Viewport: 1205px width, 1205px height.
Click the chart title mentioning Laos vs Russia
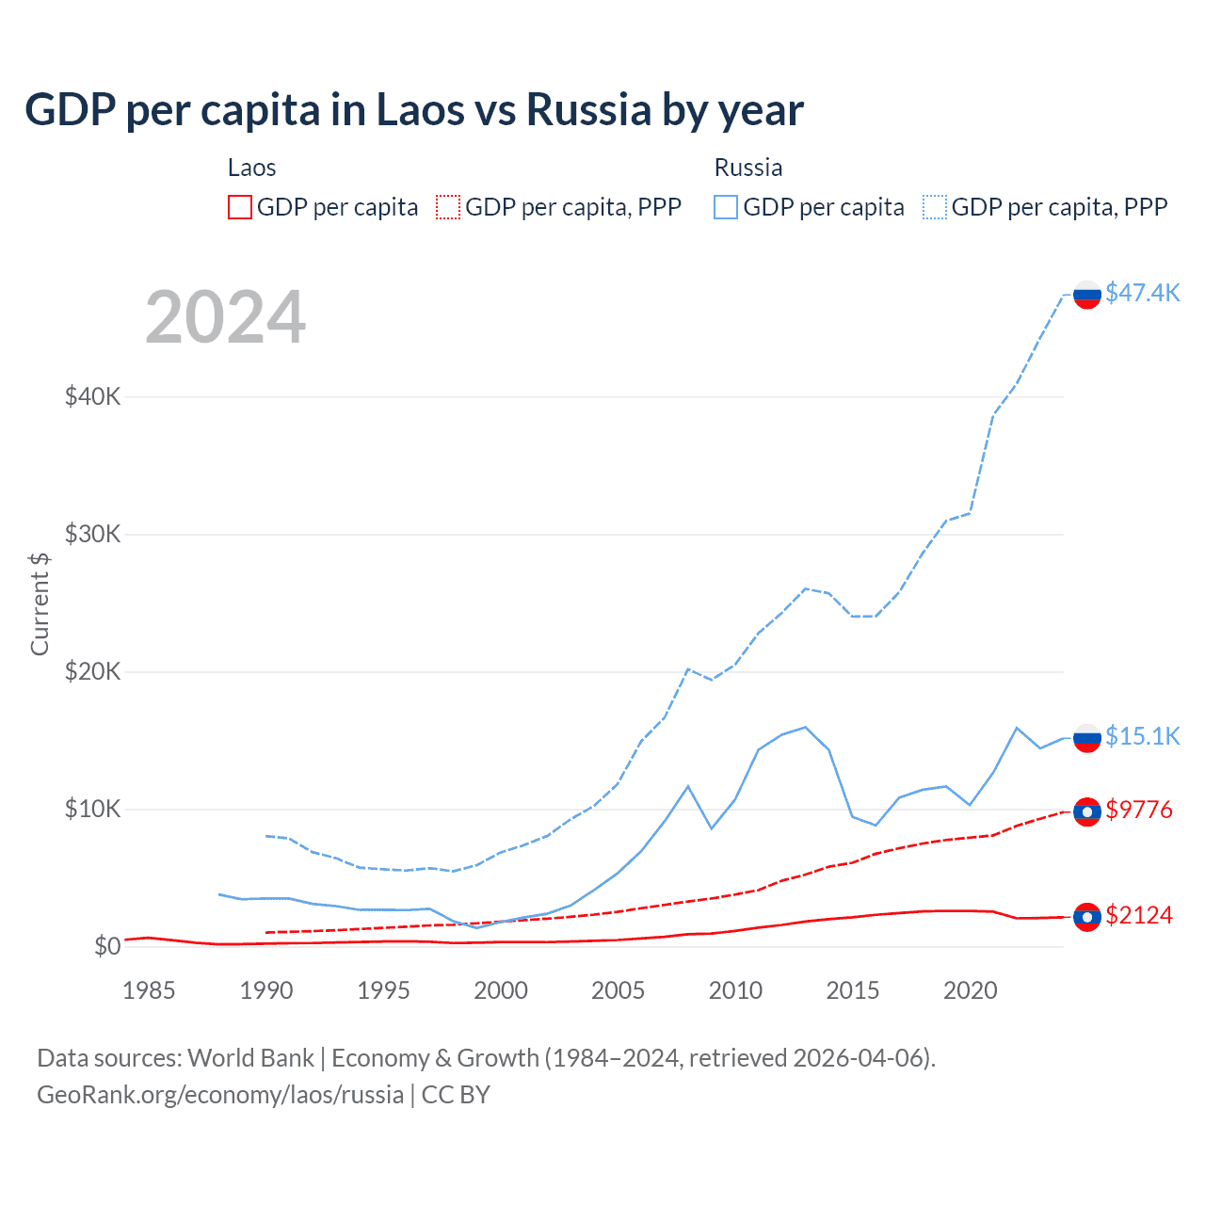tap(414, 110)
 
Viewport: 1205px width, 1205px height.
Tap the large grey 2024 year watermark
tap(226, 317)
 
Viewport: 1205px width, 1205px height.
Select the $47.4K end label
tap(1142, 293)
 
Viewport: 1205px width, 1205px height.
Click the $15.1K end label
tap(1142, 736)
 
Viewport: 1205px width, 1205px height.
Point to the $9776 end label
tap(1139, 810)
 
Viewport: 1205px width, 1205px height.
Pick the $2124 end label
tap(1139, 915)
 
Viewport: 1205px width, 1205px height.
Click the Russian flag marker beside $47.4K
tap(1087, 295)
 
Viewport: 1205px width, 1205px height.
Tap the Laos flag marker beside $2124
tap(1087, 917)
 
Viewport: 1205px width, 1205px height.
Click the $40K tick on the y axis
tap(92, 396)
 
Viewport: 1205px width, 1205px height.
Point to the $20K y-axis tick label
tap(92, 671)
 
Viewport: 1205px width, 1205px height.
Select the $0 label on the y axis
tap(107, 946)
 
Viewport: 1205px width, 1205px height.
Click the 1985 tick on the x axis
tap(149, 990)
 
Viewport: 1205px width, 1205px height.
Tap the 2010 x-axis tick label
tap(735, 990)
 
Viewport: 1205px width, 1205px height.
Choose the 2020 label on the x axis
tap(970, 990)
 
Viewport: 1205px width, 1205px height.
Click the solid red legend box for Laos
tap(240, 207)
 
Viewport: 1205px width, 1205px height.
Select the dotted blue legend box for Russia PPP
tap(935, 207)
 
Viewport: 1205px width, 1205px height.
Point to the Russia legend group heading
tap(748, 168)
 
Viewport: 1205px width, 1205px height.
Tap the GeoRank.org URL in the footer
tap(220, 1095)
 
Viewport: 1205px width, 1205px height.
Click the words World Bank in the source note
tap(250, 1058)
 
